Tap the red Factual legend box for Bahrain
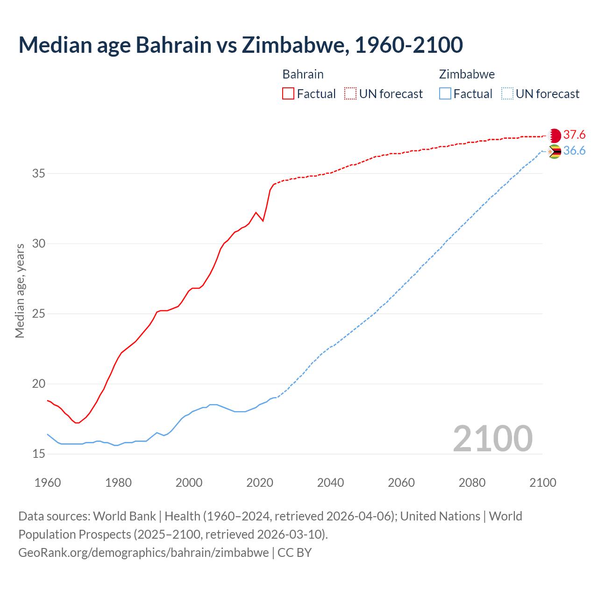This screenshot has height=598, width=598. point(288,93)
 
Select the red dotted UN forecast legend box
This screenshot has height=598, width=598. point(350,93)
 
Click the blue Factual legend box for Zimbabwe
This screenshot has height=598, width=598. point(445,93)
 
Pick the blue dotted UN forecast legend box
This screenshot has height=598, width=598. point(507,93)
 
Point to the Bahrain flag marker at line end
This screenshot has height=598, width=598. point(554,135)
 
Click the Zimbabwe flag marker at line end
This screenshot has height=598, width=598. point(554,151)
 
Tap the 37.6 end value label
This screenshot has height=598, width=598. point(574,135)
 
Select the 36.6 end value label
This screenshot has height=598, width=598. point(574,151)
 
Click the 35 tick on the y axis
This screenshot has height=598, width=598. point(38,174)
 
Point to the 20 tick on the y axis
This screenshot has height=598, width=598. point(38,384)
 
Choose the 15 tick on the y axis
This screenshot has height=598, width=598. point(38,454)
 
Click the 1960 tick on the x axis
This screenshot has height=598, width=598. point(48,483)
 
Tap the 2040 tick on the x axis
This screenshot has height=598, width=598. point(330,483)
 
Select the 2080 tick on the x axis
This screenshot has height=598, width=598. point(472,483)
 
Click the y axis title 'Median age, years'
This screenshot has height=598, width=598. point(20,291)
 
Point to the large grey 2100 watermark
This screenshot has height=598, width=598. point(492,438)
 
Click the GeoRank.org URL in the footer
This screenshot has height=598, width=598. point(143,553)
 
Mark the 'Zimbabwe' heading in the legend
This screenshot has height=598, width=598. point(467,74)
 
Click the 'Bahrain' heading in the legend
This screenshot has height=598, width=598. point(303,74)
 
